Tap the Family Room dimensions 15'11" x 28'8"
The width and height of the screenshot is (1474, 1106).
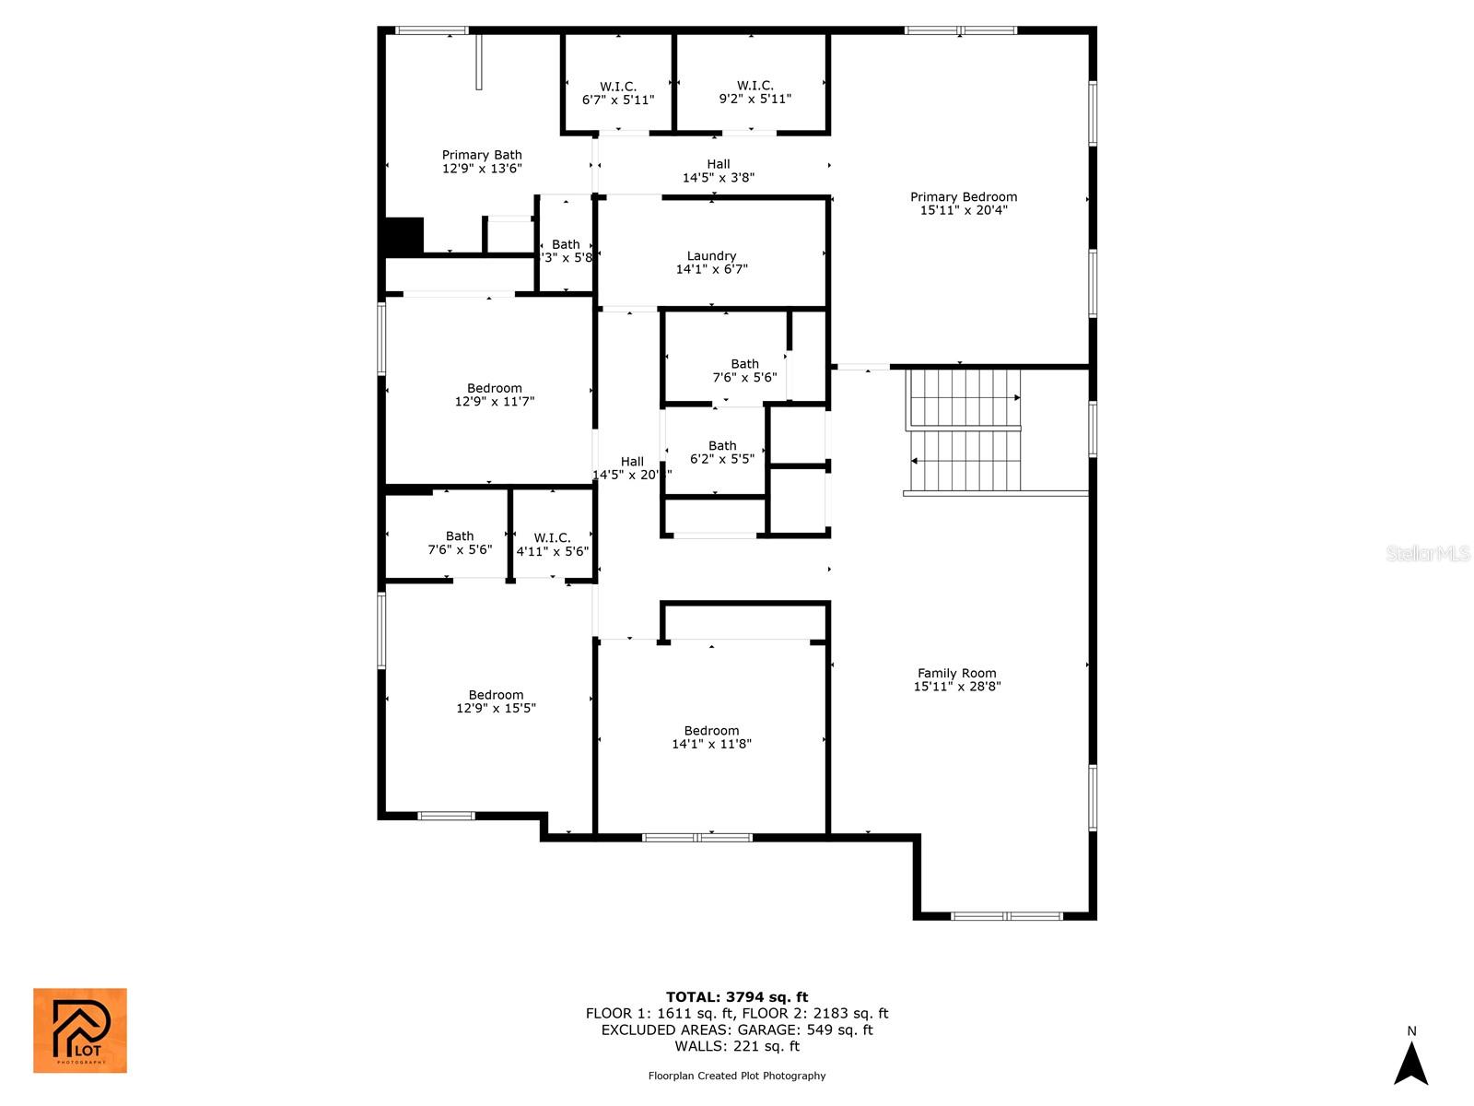pyautogui.click(x=957, y=687)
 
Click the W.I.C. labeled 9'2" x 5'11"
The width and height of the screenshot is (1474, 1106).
pyautogui.click(x=755, y=92)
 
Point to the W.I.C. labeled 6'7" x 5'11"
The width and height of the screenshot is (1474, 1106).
pyautogui.click(x=617, y=93)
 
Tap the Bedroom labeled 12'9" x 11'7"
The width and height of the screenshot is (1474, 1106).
pyautogui.click(x=495, y=394)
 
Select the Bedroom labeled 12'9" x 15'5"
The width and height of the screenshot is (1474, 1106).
pyautogui.click(x=496, y=701)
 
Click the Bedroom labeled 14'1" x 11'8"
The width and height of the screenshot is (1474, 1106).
pyautogui.click(x=711, y=737)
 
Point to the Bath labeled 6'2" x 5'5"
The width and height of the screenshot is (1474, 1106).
pyautogui.click(x=722, y=452)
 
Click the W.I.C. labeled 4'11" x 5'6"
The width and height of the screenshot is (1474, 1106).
pyautogui.click(x=552, y=545)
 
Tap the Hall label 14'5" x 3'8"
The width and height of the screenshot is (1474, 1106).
pyautogui.click(x=719, y=171)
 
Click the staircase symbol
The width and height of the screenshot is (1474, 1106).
pyautogui.click(x=965, y=430)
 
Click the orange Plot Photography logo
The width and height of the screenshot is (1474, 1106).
pyautogui.click(x=80, y=1030)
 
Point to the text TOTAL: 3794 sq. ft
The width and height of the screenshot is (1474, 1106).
pyautogui.click(x=737, y=996)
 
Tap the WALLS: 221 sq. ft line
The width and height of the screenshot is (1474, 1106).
pyautogui.click(x=737, y=1046)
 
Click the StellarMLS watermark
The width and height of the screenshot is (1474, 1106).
pyautogui.click(x=1427, y=553)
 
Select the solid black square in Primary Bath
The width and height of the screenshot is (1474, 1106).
pyautogui.click(x=404, y=236)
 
